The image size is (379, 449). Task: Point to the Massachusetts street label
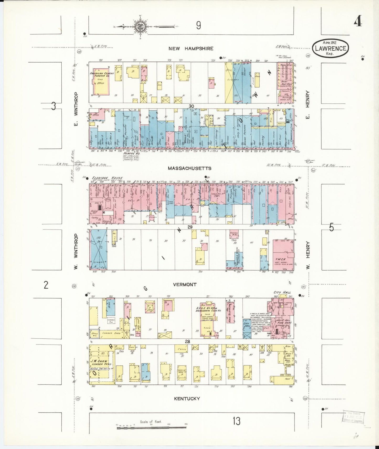190,168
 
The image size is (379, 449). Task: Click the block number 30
191,106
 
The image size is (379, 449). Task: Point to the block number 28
187,341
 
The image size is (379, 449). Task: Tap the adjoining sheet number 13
236,421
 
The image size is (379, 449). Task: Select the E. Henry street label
308,105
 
